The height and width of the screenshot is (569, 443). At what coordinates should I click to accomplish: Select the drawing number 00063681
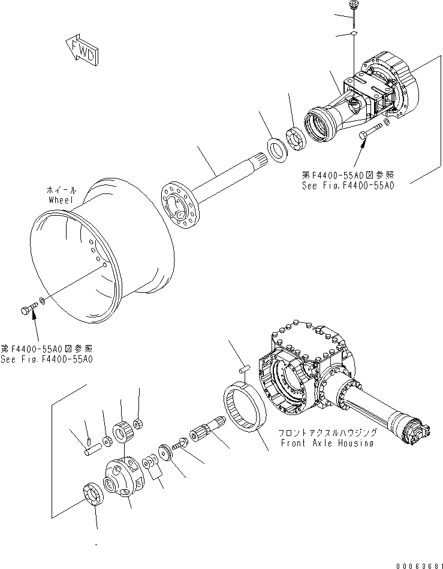pos(413,562)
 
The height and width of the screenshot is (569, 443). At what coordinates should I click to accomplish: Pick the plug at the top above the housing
pos(354,7)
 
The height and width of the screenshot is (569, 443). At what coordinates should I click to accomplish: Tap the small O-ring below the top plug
pos(354,35)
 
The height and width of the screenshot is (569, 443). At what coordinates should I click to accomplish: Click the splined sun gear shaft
pos(204,433)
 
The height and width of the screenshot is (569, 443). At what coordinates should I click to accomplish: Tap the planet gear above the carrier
pos(122,431)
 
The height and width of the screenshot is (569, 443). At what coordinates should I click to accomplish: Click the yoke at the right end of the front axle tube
pos(416,432)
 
